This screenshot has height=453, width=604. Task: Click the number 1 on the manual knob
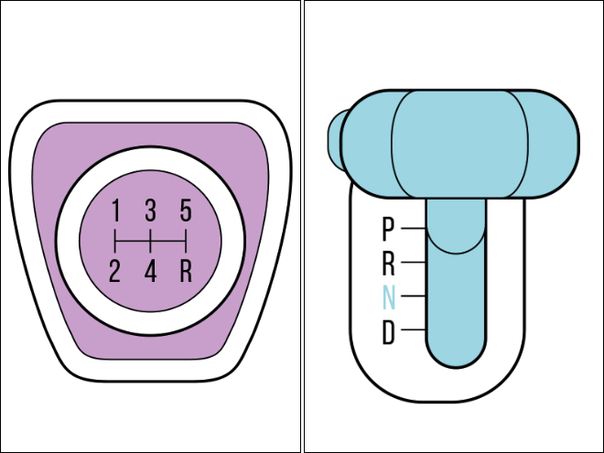pos(115,210)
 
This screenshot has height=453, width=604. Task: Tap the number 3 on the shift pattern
pos(151,210)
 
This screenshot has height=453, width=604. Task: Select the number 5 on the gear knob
pos(186,210)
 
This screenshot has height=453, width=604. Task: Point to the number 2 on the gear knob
pos(114,271)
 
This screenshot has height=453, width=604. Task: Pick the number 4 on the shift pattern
pos(151,271)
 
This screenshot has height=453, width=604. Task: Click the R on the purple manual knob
pos(186,271)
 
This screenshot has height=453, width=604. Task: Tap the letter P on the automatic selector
pos(388,229)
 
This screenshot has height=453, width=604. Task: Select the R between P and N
pos(389,264)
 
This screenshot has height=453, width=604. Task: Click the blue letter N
pos(389,297)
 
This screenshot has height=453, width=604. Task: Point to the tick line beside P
pos(414,229)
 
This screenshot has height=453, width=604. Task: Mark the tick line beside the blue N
pos(414,296)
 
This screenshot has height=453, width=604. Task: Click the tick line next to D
pos(414,329)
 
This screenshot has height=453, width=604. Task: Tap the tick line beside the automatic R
pos(414,263)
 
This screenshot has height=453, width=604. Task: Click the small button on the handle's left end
pos(334,140)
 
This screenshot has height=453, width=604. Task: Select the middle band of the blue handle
pos(460,144)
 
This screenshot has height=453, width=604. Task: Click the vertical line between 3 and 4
pos(151,241)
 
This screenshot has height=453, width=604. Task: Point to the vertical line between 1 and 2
pos(115,241)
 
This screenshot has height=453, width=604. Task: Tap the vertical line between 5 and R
pos(186,241)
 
